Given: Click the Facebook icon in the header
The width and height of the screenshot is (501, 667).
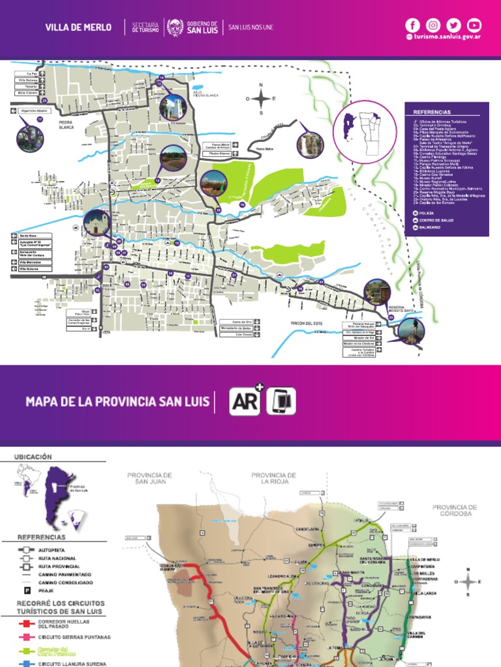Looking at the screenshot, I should click(x=412, y=25).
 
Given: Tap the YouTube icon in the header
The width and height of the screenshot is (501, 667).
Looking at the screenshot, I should click(x=474, y=25).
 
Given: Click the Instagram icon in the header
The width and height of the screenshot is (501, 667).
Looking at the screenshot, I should click(x=433, y=25).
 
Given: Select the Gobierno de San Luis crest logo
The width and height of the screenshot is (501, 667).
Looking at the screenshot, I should click(x=174, y=27).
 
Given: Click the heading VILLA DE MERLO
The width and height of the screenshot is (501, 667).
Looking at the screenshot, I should click(x=78, y=27).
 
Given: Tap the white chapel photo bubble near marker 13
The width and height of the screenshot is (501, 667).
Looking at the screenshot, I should click(x=173, y=108).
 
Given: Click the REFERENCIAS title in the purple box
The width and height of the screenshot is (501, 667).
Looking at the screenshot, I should click(x=432, y=112).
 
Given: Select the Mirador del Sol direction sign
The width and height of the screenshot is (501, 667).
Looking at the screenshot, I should click(x=363, y=339).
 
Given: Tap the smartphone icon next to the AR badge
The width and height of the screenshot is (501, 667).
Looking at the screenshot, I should click(x=281, y=401).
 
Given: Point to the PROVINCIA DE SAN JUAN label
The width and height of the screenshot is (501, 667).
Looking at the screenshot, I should click(x=149, y=479).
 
